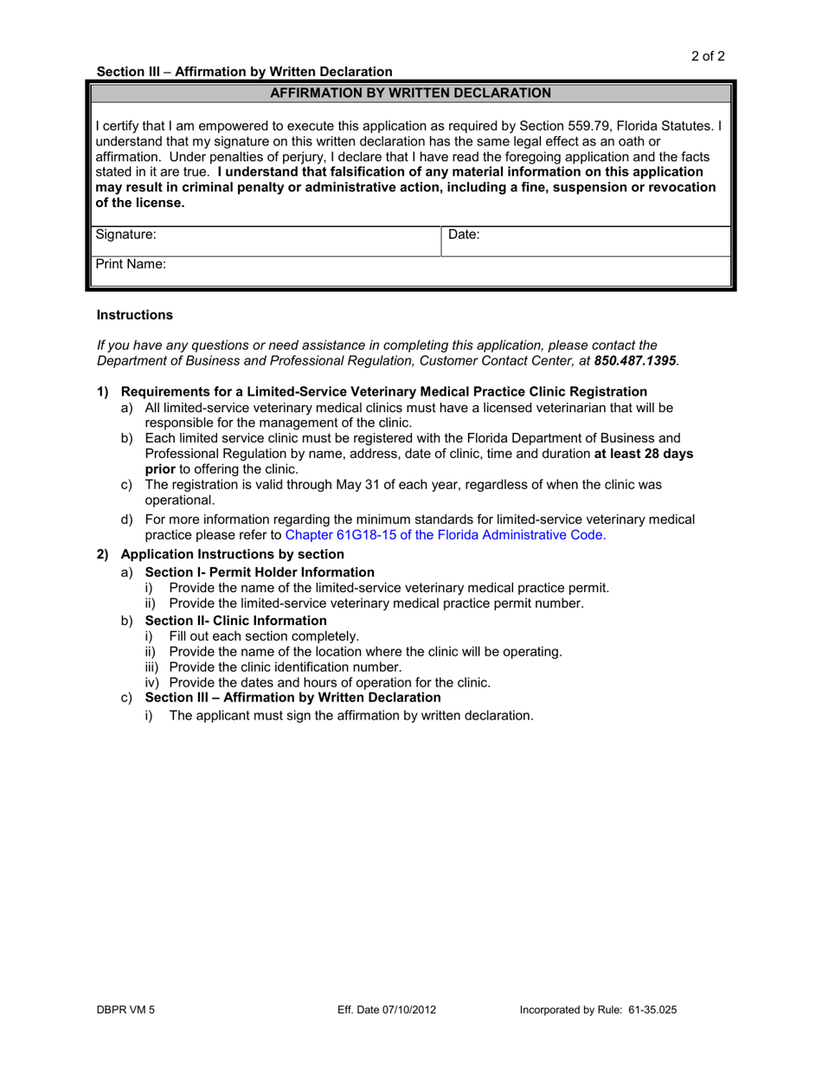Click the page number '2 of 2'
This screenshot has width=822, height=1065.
(x=707, y=56)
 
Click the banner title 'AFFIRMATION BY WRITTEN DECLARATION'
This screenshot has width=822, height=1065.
(x=410, y=93)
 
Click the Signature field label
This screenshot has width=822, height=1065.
(x=125, y=234)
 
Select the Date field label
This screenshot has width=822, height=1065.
(x=464, y=234)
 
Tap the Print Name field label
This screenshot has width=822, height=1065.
(x=130, y=265)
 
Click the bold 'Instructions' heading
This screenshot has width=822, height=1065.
(x=134, y=315)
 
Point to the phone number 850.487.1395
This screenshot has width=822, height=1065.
(x=635, y=360)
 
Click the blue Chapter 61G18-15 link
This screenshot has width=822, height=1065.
(x=446, y=535)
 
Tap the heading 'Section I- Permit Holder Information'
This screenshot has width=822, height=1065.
(x=260, y=572)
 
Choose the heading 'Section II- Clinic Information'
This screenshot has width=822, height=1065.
(x=235, y=621)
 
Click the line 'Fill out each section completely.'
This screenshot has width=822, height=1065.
(x=264, y=636)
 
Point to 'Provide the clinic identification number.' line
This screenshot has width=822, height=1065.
(x=286, y=667)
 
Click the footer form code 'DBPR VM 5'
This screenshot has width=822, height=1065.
(x=125, y=1010)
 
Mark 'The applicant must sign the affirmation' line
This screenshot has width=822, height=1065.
(x=350, y=715)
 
